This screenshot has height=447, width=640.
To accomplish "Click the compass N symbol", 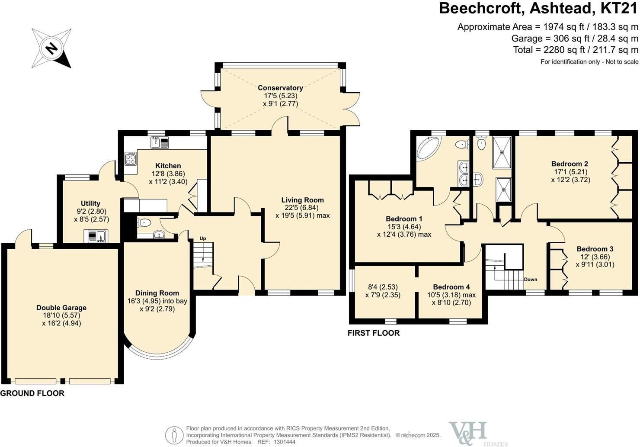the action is (51, 48).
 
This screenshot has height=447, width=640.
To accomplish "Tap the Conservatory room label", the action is (280, 88).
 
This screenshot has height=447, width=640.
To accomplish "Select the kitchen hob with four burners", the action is (131, 158).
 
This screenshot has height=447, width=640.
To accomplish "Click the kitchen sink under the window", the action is (160, 142).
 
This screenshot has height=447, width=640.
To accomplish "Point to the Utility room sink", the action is (96, 236).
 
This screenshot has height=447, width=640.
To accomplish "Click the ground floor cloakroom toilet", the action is (144, 222).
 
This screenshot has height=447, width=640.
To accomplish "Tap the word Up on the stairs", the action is (202, 238).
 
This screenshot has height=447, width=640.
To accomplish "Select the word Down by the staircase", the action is (531, 280).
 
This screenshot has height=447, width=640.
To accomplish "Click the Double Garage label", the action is (61, 308).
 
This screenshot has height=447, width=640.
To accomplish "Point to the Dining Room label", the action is (157, 293).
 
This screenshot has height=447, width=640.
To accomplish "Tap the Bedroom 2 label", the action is (570, 164).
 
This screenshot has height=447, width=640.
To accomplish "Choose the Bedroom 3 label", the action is (595, 249).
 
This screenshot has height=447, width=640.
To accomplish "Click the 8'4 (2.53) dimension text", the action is (383, 286).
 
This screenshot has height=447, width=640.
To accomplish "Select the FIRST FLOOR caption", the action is (374, 333).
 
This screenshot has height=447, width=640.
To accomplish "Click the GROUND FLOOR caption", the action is (32, 393).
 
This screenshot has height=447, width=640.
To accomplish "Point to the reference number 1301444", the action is (284, 442).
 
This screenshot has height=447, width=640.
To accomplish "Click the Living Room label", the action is (303, 200).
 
